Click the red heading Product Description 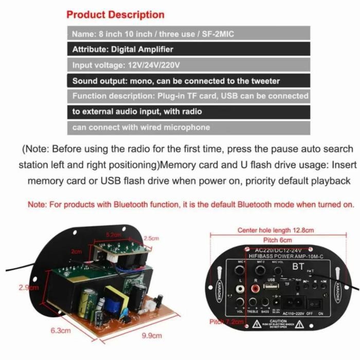point(115,14)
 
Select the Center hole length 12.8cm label point(276,230)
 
